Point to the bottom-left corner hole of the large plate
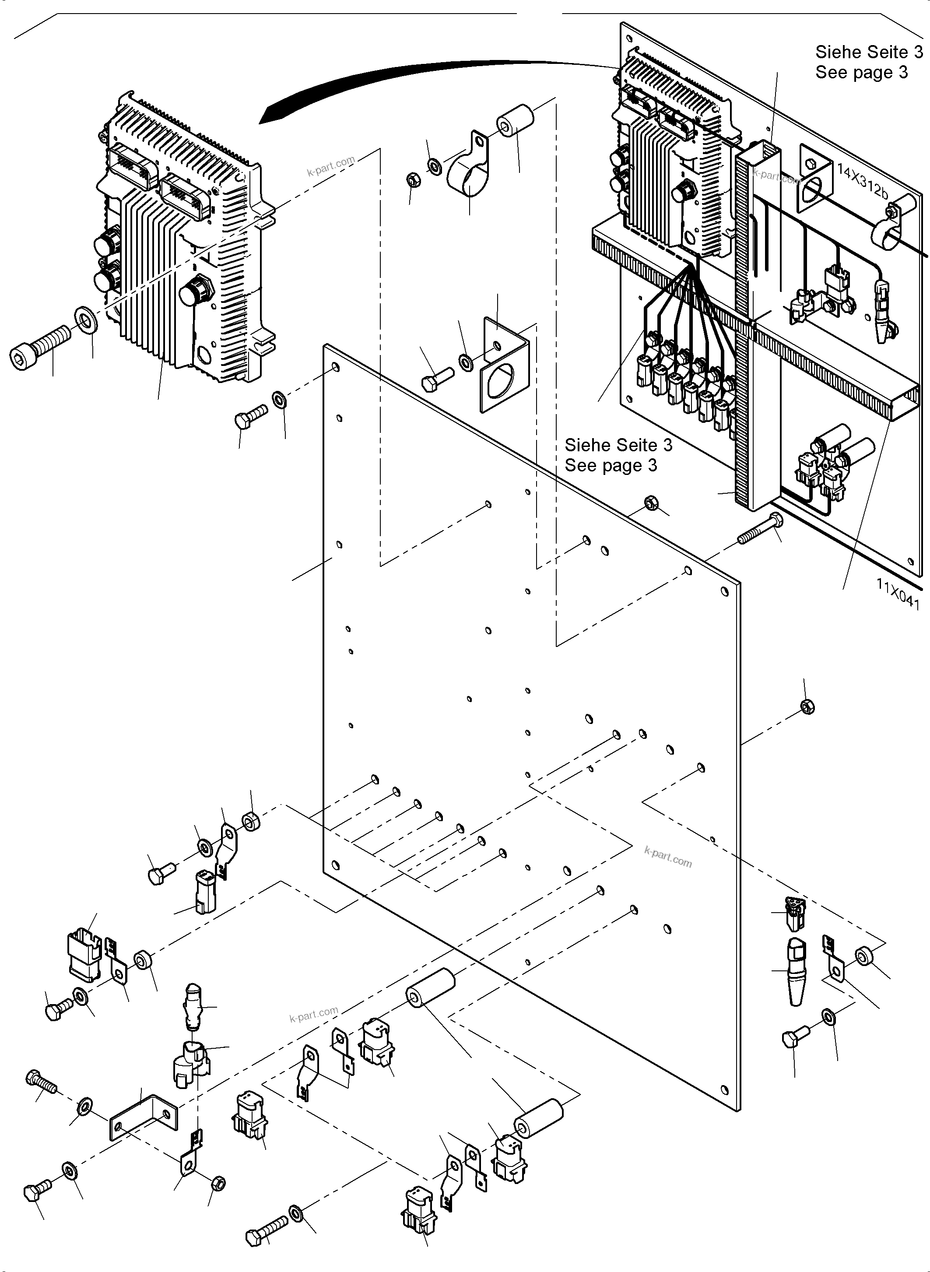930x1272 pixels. point(336,865)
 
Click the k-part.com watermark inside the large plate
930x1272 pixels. point(668,857)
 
